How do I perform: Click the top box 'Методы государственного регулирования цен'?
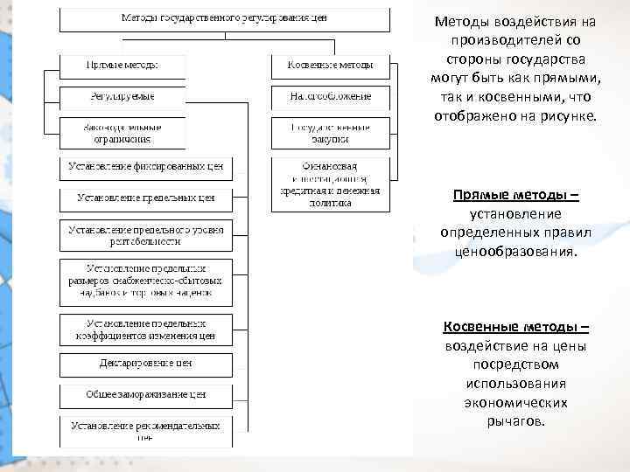click(224, 19)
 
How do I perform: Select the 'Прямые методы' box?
click(122, 66)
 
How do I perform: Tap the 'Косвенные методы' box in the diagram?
click(329, 66)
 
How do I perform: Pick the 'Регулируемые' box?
click(122, 96)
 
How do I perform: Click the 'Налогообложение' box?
click(331, 96)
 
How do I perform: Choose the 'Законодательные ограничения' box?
click(122, 133)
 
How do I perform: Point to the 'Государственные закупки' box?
click(331, 133)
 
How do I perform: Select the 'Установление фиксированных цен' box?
click(146, 166)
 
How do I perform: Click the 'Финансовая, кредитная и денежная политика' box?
click(331, 184)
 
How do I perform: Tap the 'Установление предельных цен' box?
click(146, 199)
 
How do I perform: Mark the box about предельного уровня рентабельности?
click(146, 234)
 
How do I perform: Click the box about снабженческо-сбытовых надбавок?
click(146, 281)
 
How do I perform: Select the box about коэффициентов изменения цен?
click(146, 330)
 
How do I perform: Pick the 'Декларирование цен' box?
click(146, 364)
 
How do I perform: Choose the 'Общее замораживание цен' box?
click(146, 395)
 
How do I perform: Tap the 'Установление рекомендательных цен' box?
click(146, 430)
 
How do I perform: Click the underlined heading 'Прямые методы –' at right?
click(515, 195)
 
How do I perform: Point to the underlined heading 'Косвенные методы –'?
click(515, 327)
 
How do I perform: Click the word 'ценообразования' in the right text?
click(515, 252)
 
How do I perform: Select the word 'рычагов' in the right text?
click(515, 421)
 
